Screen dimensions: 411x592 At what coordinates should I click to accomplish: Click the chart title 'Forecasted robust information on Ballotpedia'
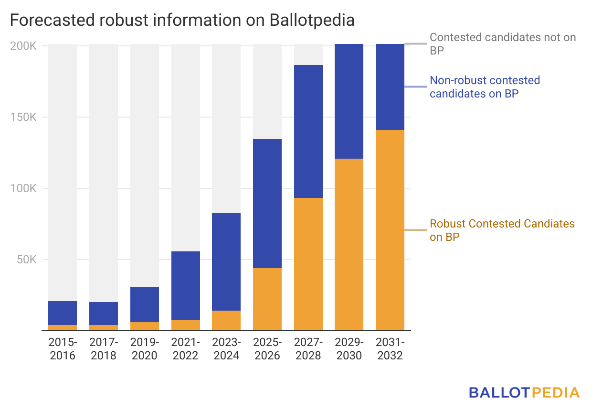pos(182,21)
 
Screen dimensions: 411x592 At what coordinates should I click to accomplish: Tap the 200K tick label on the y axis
pos(22,46)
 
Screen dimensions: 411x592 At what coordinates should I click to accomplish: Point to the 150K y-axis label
pos(22,118)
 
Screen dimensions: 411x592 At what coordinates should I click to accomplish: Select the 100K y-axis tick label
pos(22,189)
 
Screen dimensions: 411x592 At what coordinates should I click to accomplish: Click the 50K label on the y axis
pos(25,260)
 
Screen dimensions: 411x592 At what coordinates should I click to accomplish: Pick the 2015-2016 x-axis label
pos(63,349)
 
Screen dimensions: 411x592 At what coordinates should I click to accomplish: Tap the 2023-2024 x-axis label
pos(226,349)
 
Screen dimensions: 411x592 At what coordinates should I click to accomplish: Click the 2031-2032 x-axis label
pos(390,349)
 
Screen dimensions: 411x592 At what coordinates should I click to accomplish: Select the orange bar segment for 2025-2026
pos(267,299)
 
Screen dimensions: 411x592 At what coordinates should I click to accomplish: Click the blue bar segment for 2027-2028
pos(308,131)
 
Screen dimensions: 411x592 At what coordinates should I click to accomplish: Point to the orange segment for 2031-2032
pos(390,230)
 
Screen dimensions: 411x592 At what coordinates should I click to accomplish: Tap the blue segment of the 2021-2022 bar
pos(186,286)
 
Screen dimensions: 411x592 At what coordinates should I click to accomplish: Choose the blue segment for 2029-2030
pos(349,101)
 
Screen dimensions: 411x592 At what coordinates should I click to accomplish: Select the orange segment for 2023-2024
pos(226,321)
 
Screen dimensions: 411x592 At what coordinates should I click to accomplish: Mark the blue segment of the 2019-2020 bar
pos(145,304)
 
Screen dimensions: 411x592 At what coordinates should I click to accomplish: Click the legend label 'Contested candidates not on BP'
pos(503,43)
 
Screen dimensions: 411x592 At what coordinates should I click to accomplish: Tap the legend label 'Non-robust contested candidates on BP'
pos(485,87)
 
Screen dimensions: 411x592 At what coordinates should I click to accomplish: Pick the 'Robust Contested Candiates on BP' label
pos(502,230)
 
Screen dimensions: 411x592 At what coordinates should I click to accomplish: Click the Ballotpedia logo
pos(524,393)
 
